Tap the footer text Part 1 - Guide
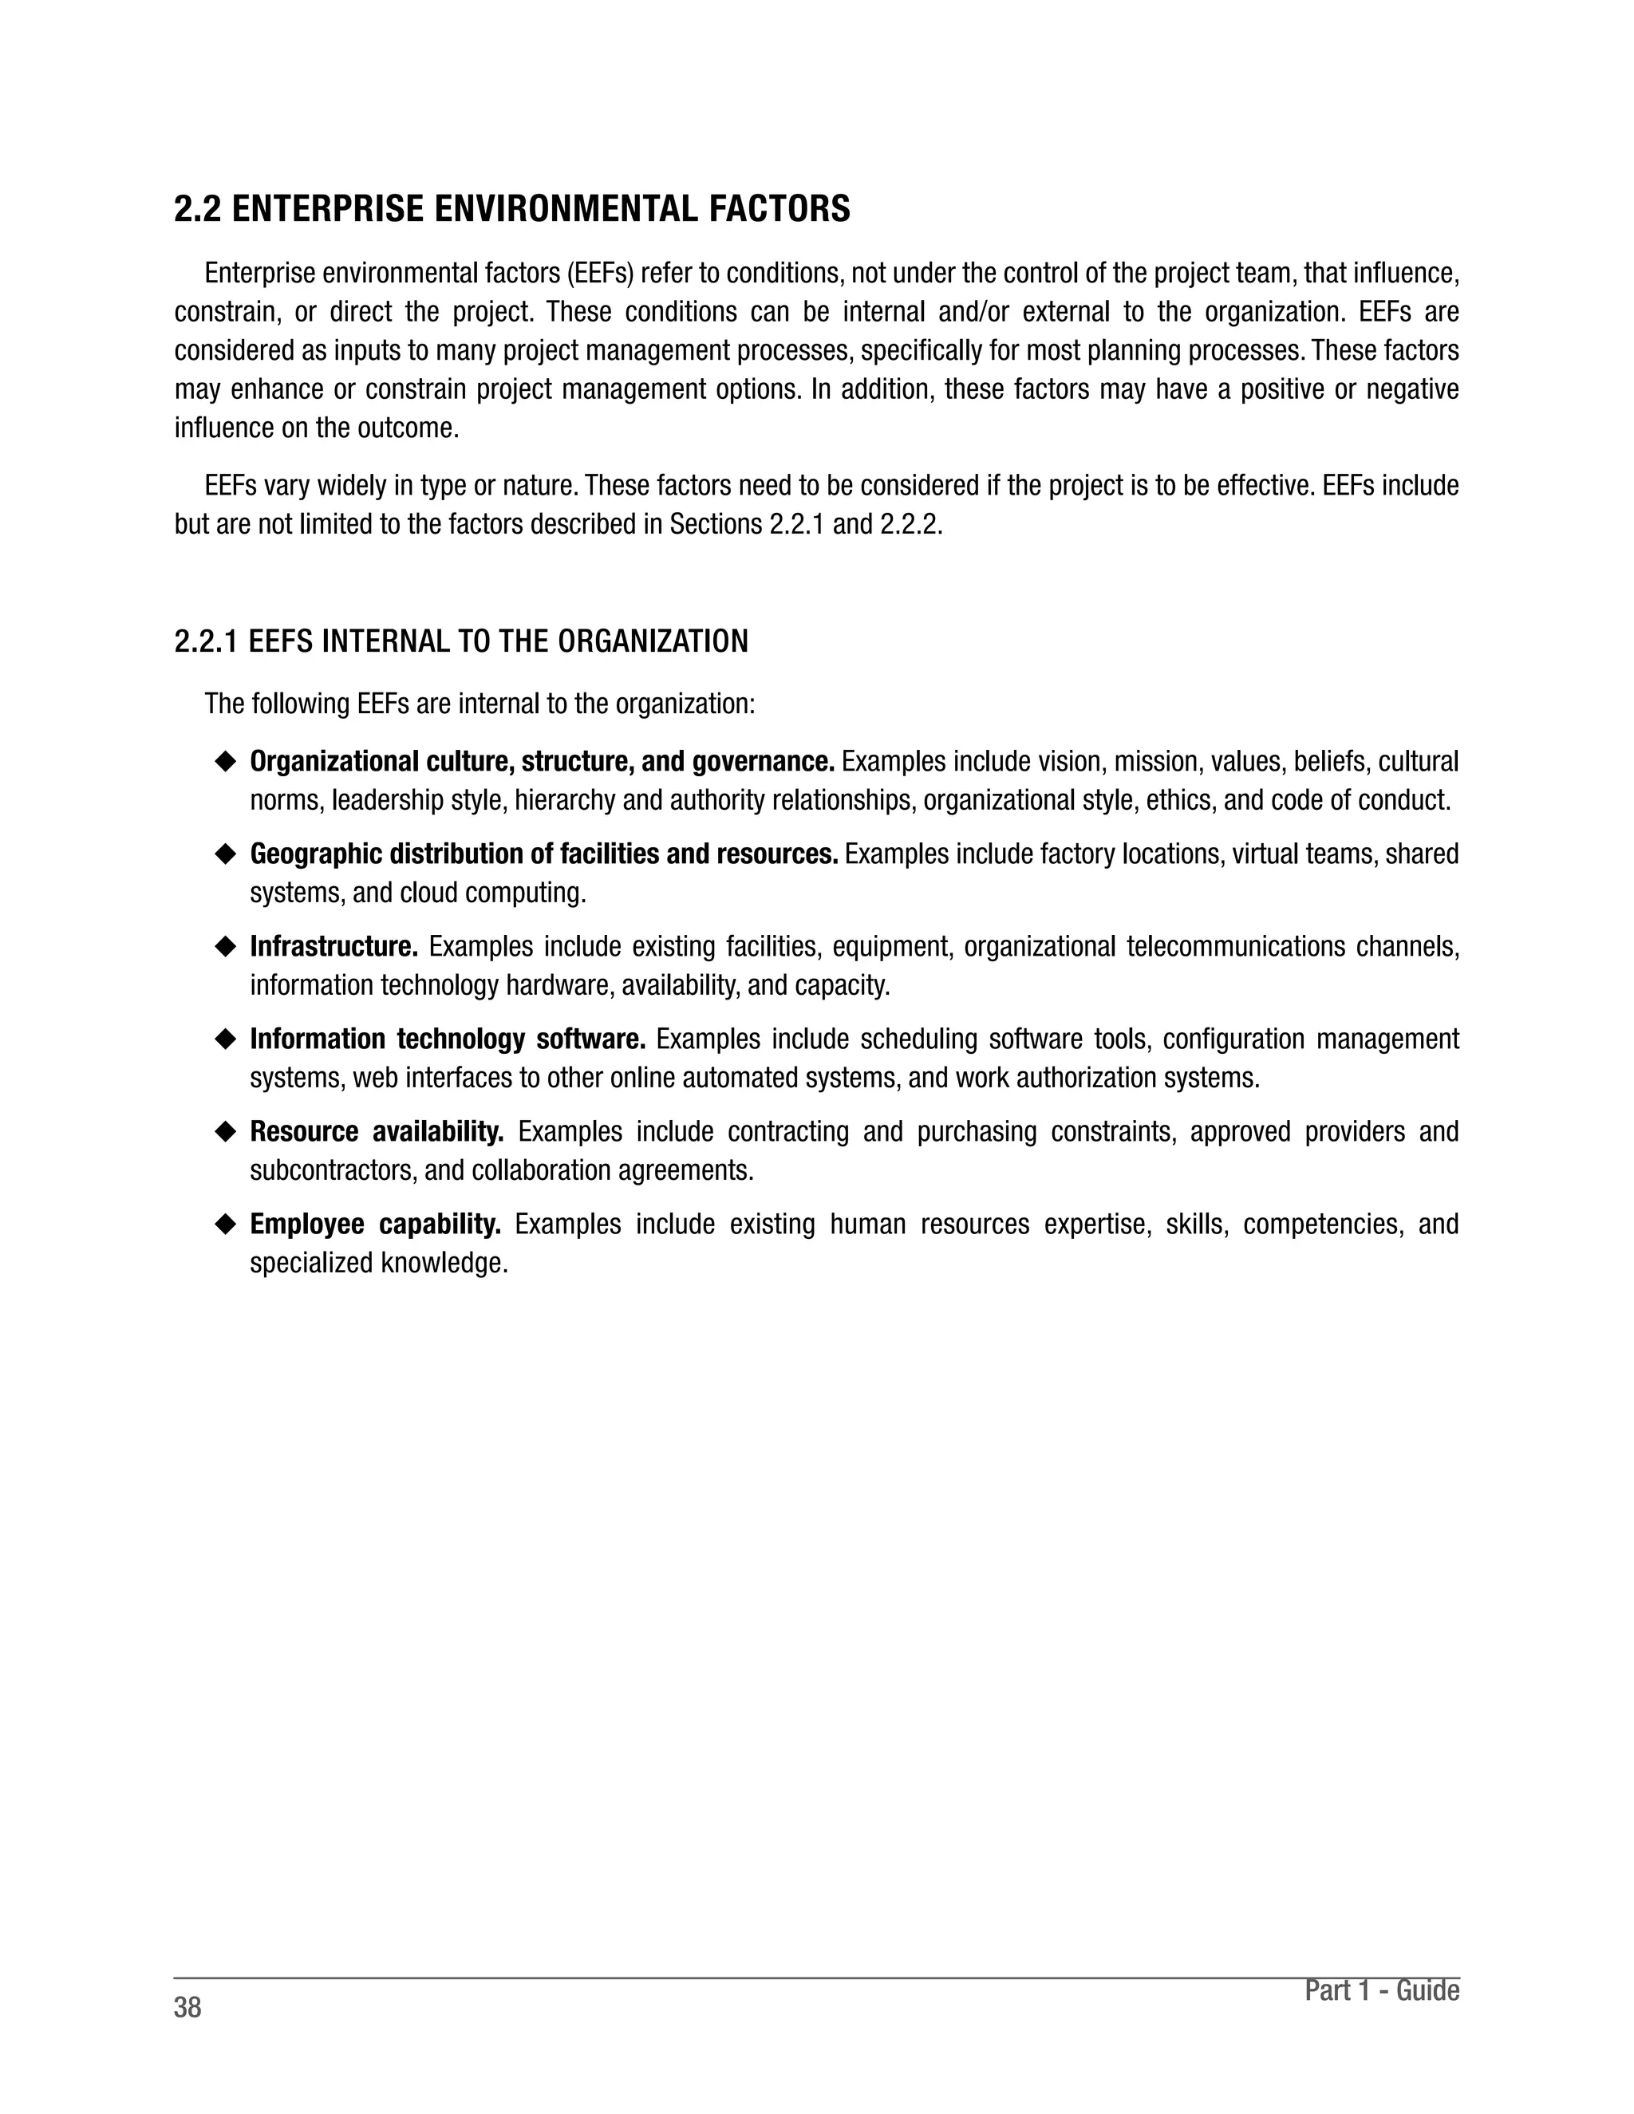click(x=1381, y=1990)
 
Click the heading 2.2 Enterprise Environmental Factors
click(x=512, y=209)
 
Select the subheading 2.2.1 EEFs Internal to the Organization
click(x=461, y=641)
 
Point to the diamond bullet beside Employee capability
click(x=226, y=1225)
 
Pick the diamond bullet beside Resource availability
click(x=226, y=1131)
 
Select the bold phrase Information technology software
click(x=448, y=1039)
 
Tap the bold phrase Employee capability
click(x=376, y=1225)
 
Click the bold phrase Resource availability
click(x=377, y=1131)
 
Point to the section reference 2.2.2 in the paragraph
click(x=910, y=525)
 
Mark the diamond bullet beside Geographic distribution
click(x=226, y=854)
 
